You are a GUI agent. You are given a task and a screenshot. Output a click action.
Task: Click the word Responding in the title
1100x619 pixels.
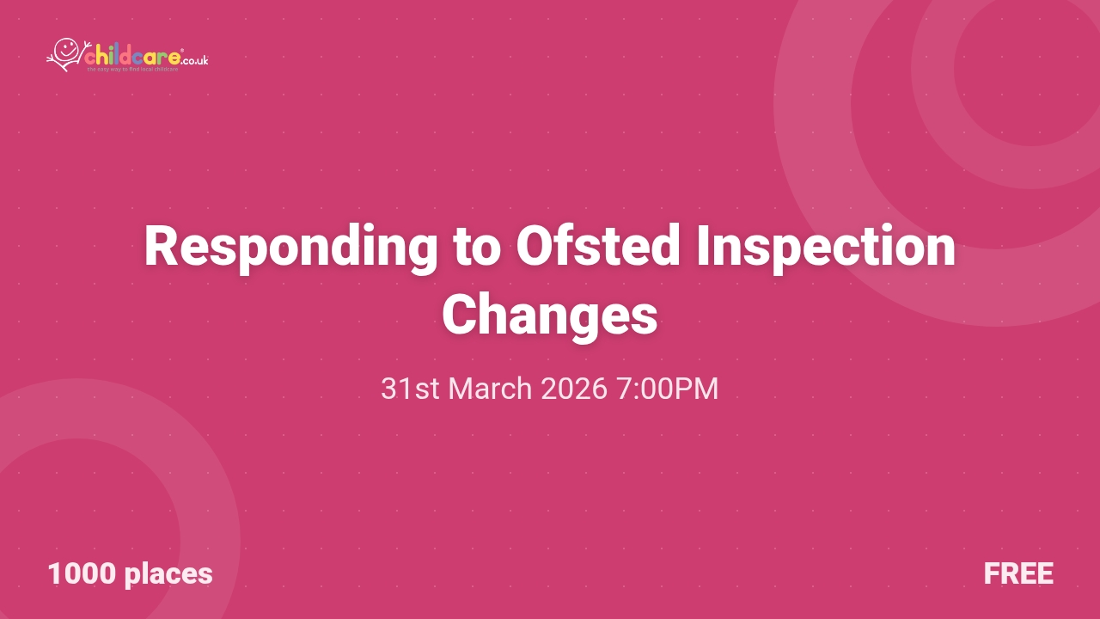click(290, 248)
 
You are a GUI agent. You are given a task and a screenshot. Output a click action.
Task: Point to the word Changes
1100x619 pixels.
click(550, 316)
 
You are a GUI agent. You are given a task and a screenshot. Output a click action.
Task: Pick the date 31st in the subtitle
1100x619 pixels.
click(410, 389)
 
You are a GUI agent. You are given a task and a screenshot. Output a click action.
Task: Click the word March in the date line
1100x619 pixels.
click(490, 389)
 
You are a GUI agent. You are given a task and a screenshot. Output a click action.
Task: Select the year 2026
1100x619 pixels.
click(574, 389)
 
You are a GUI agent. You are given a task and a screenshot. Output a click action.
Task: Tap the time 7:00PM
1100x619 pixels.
click(668, 389)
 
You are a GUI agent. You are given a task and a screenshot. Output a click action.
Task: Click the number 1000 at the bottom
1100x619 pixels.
click(82, 573)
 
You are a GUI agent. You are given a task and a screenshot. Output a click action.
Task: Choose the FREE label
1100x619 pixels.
click(1018, 573)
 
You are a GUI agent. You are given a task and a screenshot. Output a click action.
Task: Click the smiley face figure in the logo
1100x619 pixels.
click(64, 53)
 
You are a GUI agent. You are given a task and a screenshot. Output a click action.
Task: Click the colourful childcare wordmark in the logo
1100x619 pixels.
click(132, 57)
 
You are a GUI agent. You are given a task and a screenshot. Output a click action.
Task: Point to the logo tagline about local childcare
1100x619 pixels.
click(132, 69)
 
